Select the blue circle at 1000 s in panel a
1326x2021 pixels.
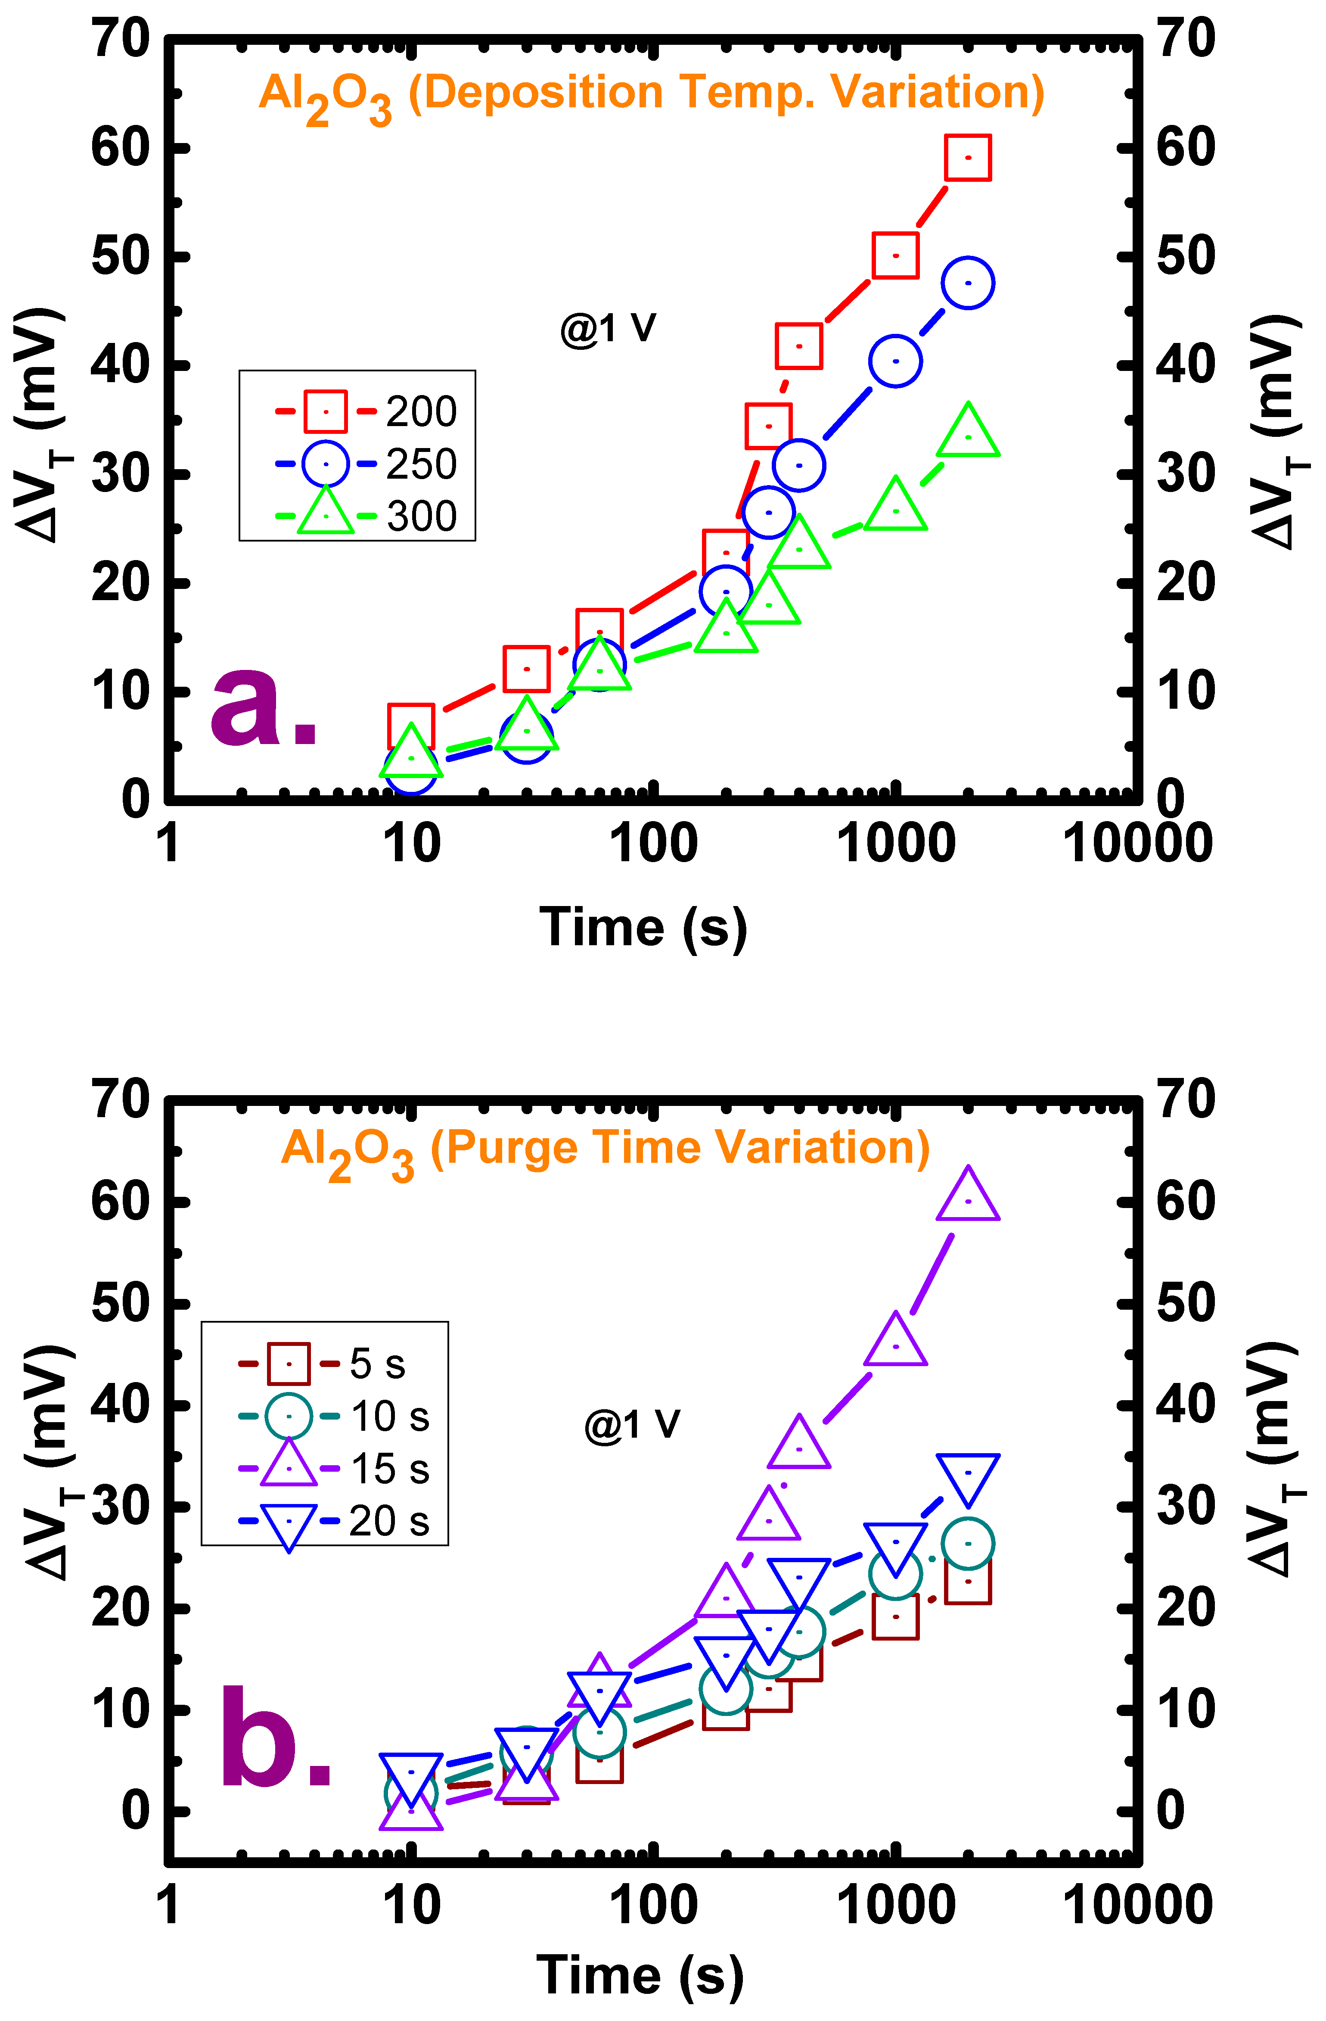point(896,361)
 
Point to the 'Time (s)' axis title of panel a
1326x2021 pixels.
point(643,927)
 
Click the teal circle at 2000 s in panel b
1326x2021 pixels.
point(968,1544)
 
